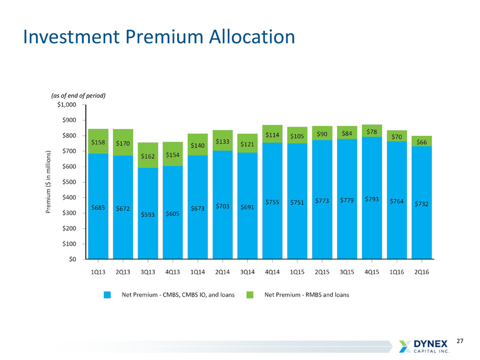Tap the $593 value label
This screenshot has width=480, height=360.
click(148, 215)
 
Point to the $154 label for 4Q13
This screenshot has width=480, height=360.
click(173, 154)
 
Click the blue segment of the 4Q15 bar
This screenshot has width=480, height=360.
click(372, 225)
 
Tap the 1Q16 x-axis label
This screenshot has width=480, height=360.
click(397, 272)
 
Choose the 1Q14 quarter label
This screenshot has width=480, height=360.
click(198, 272)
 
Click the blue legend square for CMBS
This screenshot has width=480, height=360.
click(108, 295)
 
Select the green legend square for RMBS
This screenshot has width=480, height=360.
click(251, 295)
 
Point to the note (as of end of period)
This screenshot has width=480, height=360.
click(78, 95)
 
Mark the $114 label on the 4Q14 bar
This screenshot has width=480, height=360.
click(272, 135)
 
